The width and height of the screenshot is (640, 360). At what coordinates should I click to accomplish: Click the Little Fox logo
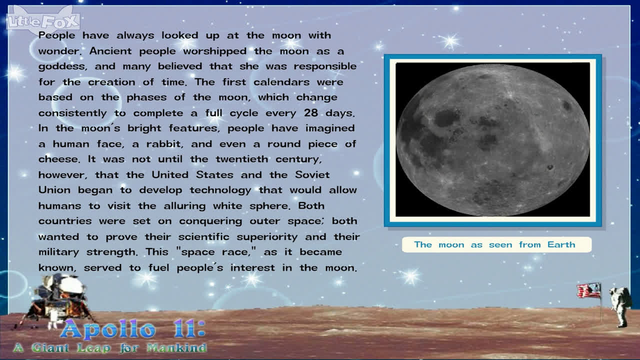[x=43, y=20]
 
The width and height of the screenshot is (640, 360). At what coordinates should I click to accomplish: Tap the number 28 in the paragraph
[x=311, y=112]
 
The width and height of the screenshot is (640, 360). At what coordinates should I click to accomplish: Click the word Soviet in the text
[x=312, y=174]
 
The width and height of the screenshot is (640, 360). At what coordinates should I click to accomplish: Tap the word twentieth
[x=241, y=159]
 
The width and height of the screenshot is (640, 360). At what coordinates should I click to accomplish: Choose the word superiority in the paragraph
[x=267, y=237]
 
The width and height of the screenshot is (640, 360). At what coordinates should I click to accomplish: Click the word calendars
[x=281, y=82]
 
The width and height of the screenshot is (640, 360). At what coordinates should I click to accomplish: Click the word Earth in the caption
[x=561, y=244]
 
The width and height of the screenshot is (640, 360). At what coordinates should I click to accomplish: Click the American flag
[x=589, y=291]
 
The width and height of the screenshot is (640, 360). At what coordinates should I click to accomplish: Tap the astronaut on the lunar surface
[x=620, y=307]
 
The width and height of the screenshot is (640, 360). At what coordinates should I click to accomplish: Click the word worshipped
[x=215, y=51]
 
